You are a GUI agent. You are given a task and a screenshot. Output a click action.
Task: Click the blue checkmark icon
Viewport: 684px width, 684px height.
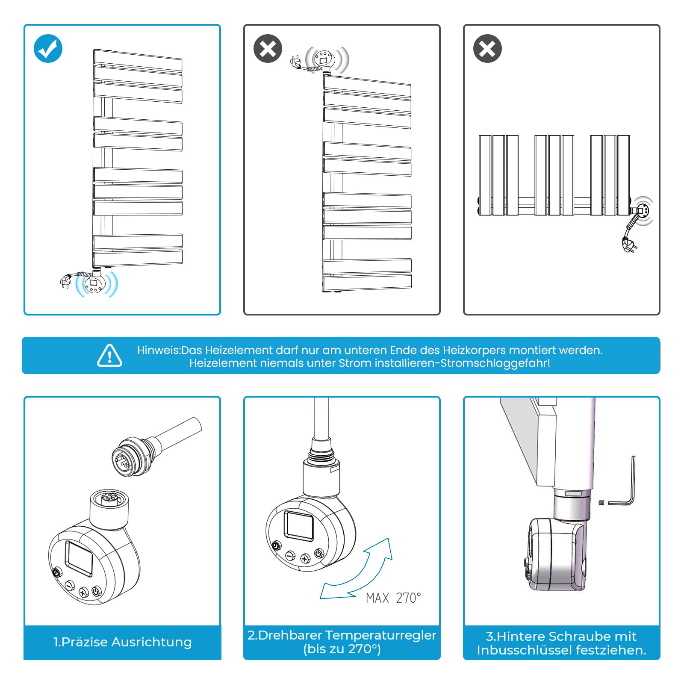click(48, 48)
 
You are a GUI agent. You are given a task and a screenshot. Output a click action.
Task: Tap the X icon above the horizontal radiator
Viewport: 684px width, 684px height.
click(487, 48)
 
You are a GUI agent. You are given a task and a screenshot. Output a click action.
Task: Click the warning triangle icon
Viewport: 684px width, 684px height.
click(109, 356)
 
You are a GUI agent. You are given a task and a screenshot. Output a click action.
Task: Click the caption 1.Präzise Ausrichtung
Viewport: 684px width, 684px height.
click(122, 642)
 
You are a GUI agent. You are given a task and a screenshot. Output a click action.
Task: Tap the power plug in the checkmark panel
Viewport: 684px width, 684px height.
click(65, 281)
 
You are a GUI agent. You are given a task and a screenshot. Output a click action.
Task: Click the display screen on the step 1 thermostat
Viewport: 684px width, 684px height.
click(79, 559)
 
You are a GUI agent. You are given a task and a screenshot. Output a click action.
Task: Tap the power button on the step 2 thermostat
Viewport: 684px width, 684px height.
click(319, 554)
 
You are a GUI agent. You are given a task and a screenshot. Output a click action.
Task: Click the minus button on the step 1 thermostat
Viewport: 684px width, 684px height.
click(70, 586)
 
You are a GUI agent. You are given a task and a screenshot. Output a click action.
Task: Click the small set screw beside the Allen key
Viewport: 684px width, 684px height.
click(601, 502)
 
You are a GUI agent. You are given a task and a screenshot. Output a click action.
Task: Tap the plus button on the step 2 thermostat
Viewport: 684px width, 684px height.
click(305, 558)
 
